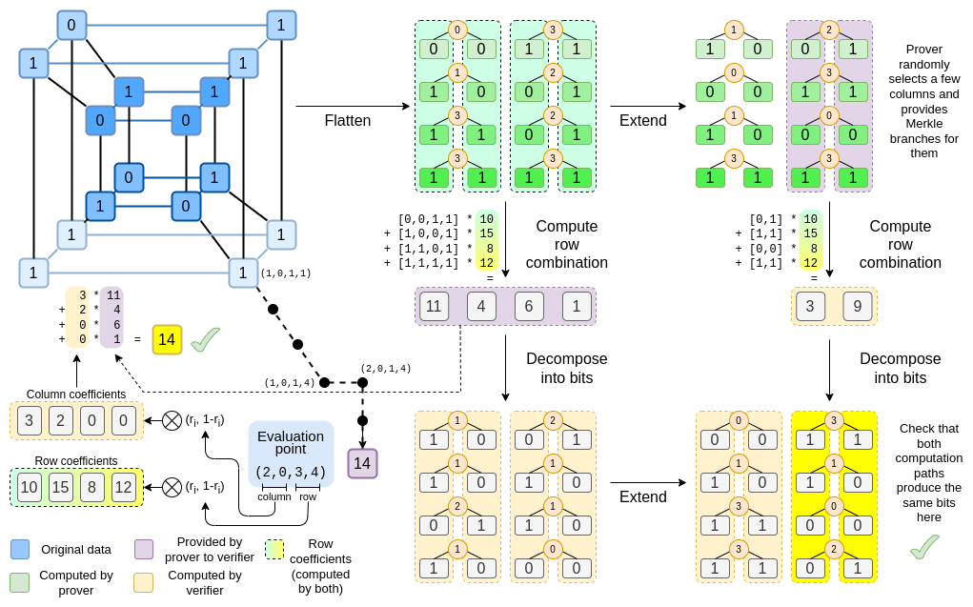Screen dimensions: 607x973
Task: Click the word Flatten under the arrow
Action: [348, 121]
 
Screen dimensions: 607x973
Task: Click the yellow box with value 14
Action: [167, 339]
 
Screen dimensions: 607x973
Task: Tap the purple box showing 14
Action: [362, 464]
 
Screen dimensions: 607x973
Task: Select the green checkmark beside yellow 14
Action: [205, 339]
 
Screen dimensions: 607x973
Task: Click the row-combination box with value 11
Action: [434, 306]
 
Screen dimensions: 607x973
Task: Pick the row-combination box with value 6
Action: [529, 306]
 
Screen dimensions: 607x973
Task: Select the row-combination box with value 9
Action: [858, 306]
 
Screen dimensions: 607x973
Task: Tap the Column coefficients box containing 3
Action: [30, 420]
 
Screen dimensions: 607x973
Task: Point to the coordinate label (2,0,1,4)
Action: [385, 369]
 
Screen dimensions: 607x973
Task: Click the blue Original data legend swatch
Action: [20, 549]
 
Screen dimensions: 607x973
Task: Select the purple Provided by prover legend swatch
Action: [145, 549]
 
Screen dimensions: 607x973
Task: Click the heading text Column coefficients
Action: [76, 395]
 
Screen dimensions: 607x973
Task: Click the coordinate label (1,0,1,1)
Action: [286, 273]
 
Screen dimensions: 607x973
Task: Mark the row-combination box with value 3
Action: [810, 306]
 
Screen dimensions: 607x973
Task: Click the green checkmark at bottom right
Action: [924, 546]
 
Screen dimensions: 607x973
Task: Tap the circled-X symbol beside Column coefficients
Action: [172, 420]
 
